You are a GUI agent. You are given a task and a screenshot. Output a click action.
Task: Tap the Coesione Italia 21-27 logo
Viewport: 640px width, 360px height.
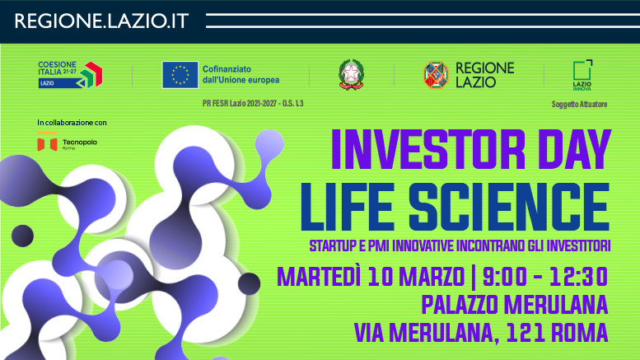click(x=70, y=74)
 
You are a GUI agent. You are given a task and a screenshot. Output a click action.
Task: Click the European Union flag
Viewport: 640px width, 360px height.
click(x=179, y=75)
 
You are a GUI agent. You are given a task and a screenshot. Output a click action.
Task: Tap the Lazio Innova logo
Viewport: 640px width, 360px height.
click(x=582, y=74)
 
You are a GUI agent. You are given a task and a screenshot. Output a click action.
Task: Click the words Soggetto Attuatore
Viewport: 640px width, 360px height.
click(x=579, y=105)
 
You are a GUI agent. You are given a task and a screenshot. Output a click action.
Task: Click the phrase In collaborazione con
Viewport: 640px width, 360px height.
click(x=72, y=123)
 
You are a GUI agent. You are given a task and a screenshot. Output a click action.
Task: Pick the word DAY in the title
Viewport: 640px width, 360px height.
click(x=568, y=151)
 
